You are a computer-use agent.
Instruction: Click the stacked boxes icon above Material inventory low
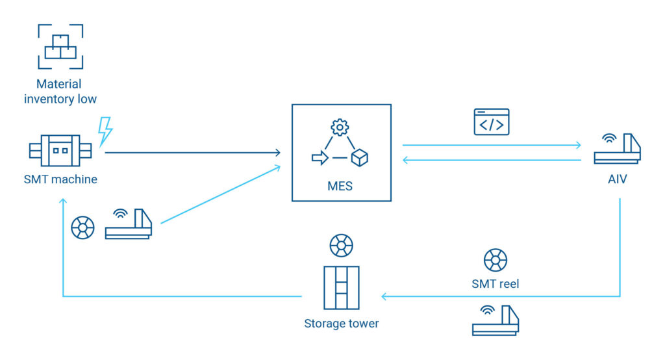click(60, 46)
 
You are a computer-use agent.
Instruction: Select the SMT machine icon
click(60, 151)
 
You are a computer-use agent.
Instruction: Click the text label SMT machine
click(60, 179)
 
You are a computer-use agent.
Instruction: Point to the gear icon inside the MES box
click(340, 127)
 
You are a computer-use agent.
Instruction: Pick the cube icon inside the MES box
click(359, 157)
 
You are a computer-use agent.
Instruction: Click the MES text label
click(340, 186)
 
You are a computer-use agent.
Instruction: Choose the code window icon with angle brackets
click(492, 122)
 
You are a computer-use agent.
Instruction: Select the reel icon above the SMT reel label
click(496, 260)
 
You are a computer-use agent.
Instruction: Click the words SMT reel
click(496, 284)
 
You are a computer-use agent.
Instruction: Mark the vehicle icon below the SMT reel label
click(495, 320)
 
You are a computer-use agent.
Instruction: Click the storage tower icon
click(341, 288)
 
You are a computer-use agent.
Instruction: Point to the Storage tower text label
click(341, 323)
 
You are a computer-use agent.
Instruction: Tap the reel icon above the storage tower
click(341, 246)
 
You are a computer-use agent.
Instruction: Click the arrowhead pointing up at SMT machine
click(63, 202)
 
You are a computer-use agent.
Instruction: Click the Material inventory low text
click(60, 92)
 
